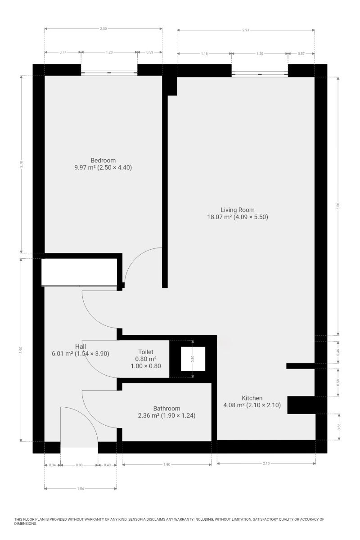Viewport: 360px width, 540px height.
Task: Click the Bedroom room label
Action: [x=103, y=160]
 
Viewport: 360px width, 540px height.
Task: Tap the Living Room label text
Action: [x=238, y=210]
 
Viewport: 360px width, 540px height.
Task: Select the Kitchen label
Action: [x=252, y=398]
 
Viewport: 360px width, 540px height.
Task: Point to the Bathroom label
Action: [x=166, y=409]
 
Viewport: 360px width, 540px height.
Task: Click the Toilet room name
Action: [x=146, y=352]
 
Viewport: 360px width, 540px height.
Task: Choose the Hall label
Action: [x=81, y=346]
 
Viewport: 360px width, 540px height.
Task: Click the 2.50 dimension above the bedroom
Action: [x=103, y=29]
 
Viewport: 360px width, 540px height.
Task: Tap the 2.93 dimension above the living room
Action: [x=245, y=30]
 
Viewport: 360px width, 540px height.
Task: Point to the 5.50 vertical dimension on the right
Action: [x=338, y=206]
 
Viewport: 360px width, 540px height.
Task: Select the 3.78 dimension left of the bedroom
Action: [x=22, y=164]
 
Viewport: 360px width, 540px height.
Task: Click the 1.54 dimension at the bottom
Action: [x=81, y=489]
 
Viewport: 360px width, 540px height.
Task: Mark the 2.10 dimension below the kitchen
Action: [x=266, y=463]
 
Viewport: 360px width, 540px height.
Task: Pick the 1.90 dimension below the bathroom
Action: [x=166, y=464]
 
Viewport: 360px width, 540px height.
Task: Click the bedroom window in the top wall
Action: [x=109, y=72]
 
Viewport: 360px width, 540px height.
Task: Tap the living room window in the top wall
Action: [x=260, y=74]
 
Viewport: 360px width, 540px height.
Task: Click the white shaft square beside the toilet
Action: [x=193, y=359]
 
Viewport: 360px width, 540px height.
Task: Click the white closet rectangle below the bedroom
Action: [x=79, y=272]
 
